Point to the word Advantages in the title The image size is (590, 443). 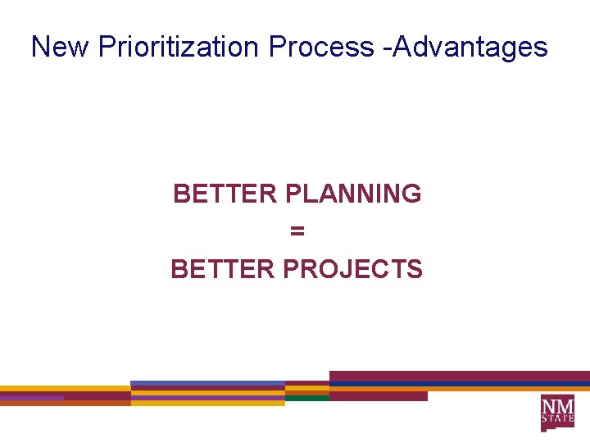pos(473,47)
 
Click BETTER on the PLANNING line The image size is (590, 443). pos(225,194)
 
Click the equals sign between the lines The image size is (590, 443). pos(297,232)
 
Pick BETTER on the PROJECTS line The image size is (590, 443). pos(222,269)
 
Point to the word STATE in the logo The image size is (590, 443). pos(557,420)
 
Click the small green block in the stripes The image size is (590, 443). pos(306,398)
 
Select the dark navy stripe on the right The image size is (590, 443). pos(459,384)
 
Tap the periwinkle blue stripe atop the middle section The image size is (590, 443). pos(206,384)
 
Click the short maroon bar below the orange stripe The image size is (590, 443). pos(378,396)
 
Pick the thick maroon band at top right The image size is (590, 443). pos(459,376)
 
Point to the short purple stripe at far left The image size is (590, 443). pos(31,398)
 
